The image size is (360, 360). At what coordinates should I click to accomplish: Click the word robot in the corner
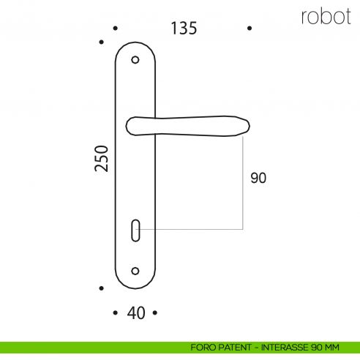tap(326, 17)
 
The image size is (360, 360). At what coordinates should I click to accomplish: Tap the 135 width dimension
tap(184, 29)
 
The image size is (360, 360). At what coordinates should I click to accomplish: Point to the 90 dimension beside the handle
tap(258, 178)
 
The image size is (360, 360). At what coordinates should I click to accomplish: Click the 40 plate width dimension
tap(135, 313)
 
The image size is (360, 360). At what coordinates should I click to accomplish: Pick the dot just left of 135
tap(116, 29)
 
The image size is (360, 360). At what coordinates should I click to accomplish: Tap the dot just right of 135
tap(250, 29)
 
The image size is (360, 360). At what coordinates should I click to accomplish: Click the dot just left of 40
tap(116, 313)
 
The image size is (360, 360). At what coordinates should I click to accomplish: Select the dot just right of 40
tap(154, 313)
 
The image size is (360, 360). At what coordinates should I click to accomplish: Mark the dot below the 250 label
tap(102, 288)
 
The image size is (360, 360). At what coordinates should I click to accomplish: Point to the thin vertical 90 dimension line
tap(242, 183)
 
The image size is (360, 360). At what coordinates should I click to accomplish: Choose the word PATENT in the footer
tap(233, 346)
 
